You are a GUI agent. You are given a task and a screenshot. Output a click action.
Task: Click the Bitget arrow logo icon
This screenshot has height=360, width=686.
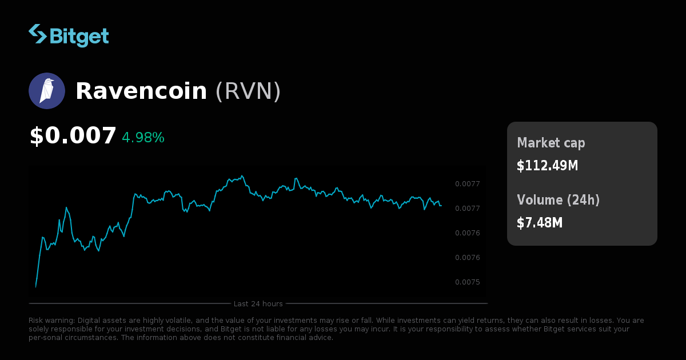pyautogui.click(x=38, y=34)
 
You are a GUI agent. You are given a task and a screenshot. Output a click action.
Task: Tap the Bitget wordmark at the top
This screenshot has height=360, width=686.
pyautogui.click(x=79, y=36)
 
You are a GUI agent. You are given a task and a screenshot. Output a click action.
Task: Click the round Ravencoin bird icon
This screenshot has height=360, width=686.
pyautogui.click(x=47, y=91)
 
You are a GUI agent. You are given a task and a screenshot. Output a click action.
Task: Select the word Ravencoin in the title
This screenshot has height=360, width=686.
pyautogui.click(x=141, y=91)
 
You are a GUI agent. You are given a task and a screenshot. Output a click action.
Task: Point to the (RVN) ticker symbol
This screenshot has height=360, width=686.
pyautogui.click(x=248, y=91)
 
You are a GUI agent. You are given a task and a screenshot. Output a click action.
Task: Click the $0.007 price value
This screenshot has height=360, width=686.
pyautogui.click(x=73, y=136)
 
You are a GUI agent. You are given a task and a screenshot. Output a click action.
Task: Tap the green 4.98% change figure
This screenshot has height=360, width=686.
pyautogui.click(x=143, y=138)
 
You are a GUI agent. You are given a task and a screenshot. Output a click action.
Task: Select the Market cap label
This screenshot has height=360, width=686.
pyautogui.click(x=551, y=143)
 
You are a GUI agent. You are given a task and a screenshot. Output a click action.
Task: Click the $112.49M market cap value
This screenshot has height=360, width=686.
pyautogui.click(x=547, y=166)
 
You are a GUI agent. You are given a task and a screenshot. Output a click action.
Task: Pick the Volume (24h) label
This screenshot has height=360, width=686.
pyautogui.click(x=559, y=200)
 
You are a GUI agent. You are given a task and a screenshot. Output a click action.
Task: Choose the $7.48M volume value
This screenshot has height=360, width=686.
pyautogui.click(x=540, y=223)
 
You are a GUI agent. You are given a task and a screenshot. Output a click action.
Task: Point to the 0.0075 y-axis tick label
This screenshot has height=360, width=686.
pyautogui.click(x=467, y=282)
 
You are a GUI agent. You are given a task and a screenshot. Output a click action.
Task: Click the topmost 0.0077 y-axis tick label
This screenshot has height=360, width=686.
pyautogui.click(x=467, y=184)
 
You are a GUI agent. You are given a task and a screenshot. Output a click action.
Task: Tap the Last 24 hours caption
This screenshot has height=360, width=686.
pyautogui.click(x=258, y=303)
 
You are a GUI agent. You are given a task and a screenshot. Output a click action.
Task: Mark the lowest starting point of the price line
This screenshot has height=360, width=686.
pyautogui.click(x=35, y=287)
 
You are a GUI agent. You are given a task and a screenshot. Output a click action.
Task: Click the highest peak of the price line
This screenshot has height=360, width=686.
pyautogui.click(x=242, y=175)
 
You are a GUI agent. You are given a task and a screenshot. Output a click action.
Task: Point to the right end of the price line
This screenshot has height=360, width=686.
pyautogui.click(x=441, y=205)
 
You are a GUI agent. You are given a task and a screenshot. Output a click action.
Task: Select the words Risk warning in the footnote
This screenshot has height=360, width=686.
pyautogui.click(x=51, y=321)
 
